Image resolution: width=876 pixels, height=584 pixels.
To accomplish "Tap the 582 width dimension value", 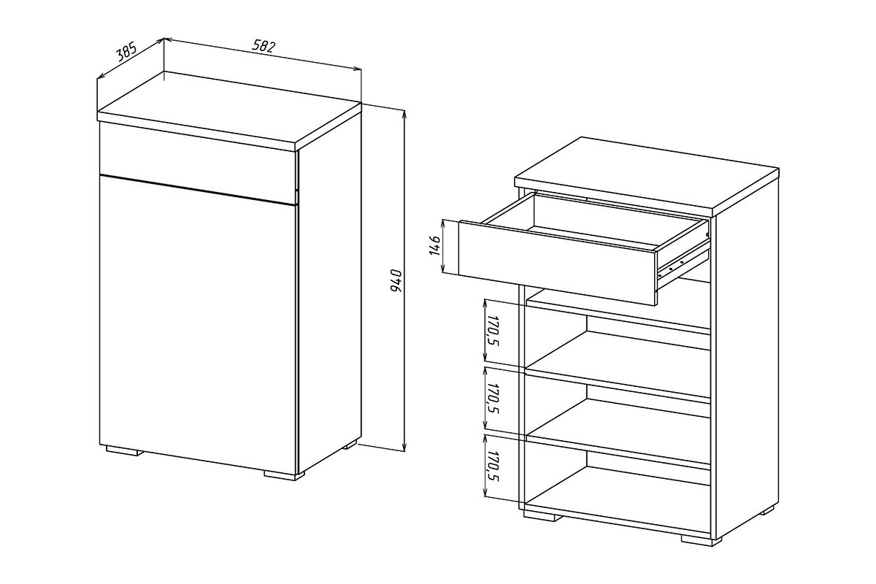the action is click(x=264, y=46).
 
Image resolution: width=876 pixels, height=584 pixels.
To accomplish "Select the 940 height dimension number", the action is click(x=396, y=280).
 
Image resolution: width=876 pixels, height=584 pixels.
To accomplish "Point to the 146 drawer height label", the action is click(x=435, y=246).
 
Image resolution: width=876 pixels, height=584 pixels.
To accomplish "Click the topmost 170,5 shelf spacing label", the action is click(x=492, y=331).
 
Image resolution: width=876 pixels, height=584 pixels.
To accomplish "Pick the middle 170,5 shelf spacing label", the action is click(x=492, y=399).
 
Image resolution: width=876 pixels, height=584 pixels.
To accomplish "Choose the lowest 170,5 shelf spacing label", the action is click(x=492, y=466).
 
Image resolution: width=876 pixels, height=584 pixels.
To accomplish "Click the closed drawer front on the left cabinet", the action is click(x=199, y=163).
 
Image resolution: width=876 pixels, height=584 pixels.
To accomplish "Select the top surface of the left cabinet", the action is click(x=228, y=107).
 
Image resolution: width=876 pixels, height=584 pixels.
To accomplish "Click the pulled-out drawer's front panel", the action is click(x=558, y=263).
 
